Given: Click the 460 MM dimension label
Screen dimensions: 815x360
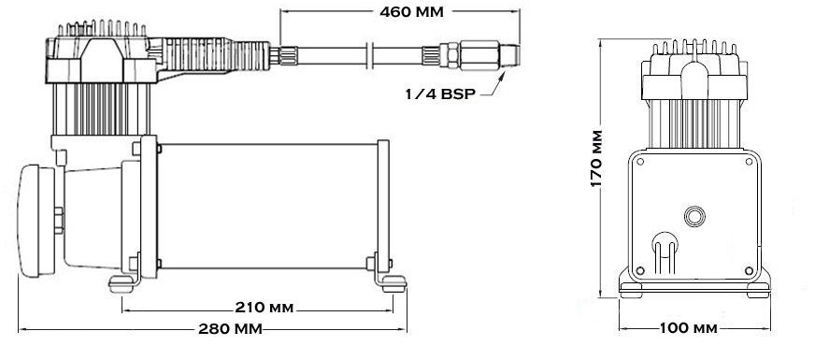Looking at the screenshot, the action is pyautogui.click(x=411, y=12).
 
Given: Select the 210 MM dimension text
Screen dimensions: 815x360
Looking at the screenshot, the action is pyautogui.click(x=265, y=308).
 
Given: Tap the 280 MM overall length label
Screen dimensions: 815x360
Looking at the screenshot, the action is pyautogui.click(x=230, y=329).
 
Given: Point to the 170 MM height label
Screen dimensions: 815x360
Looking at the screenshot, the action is pyautogui.click(x=596, y=158).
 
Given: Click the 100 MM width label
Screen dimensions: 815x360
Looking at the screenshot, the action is pyautogui.click(x=689, y=328).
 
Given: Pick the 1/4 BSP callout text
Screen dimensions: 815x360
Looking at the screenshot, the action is pyautogui.click(x=440, y=94).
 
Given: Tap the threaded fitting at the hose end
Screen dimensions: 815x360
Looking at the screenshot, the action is pyautogui.click(x=510, y=55).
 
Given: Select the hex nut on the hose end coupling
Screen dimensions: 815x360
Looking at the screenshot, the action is pyautogui.click(x=450, y=55).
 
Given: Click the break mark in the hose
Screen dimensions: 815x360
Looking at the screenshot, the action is pyautogui.click(x=370, y=55).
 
